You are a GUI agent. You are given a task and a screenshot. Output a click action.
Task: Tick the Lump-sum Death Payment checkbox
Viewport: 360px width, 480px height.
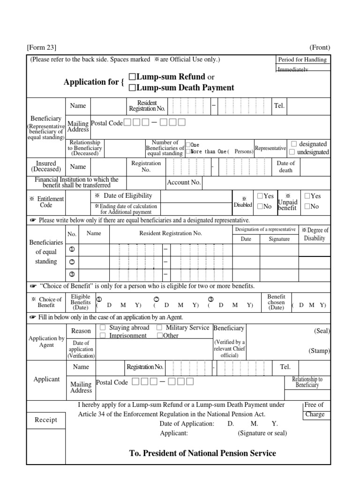pyautogui.click(x=132, y=88)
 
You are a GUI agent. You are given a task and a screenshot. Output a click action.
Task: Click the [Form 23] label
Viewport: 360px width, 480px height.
pyautogui.click(x=42, y=47)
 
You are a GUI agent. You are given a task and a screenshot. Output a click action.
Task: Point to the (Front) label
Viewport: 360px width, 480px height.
pyautogui.click(x=320, y=47)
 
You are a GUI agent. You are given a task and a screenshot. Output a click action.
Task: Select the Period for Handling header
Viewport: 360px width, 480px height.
pyautogui.click(x=302, y=60)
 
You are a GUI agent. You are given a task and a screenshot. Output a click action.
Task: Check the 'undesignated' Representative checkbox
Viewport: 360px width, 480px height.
pyautogui.click(x=292, y=152)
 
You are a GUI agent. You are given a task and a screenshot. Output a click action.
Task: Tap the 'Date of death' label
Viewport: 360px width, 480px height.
pyautogui.click(x=285, y=167)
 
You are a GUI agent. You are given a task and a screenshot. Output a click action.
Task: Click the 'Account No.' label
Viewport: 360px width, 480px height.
pyautogui.click(x=184, y=182)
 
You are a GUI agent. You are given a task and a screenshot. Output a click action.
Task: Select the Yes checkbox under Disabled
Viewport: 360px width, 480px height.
pyautogui.click(x=260, y=196)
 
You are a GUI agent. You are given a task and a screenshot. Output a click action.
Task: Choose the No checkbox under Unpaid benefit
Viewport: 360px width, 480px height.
pyautogui.click(x=307, y=206)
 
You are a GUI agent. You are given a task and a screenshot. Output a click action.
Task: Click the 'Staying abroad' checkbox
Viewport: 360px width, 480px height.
pyautogui.click(x=103, y=328)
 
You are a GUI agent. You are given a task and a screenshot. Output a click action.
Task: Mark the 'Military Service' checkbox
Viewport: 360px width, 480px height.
pyautogui.click(x=159, y=328)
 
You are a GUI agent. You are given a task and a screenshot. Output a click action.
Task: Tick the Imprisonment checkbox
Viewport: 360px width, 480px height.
pyautogui.click(x=103, y=336)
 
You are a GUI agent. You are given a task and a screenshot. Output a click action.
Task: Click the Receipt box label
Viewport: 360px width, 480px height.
pyautogui.click(x=46, y=420)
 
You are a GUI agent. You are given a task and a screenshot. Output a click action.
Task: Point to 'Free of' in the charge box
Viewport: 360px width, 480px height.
pyautogui.click(x=314, y=405)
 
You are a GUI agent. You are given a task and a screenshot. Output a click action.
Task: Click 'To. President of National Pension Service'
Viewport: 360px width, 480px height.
pyautogui.click(x=202, y=453)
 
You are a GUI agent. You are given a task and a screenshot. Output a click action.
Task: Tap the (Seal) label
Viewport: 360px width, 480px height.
pyautogui.click(x=322, y=331)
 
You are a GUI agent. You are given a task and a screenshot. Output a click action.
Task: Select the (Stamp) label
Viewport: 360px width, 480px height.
pyautogui.click(x=319, y=351)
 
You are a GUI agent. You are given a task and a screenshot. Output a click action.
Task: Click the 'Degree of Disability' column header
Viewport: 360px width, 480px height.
pyautogui.click(x=315, y=234)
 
